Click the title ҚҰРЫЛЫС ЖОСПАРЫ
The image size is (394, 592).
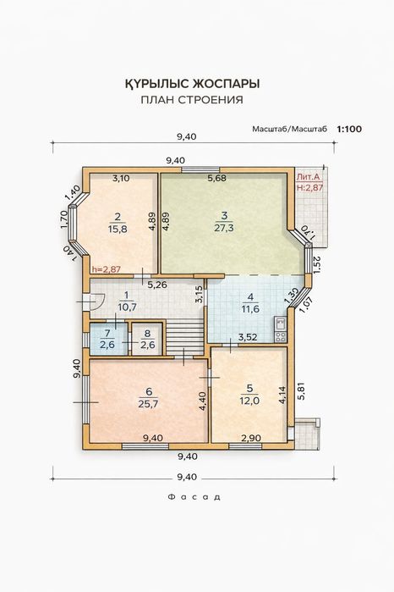click(x=192, y=84)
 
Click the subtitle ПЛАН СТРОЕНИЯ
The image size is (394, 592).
click(x=192, y=100)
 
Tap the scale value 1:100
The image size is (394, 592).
click(x=349, y=129)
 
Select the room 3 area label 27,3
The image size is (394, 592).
click(x=224, y=228)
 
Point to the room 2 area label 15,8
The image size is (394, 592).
click(x=118, y=229)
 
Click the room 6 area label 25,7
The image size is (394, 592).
click(x=149, y=404)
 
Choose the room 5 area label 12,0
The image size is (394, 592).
click(x=249, y=401)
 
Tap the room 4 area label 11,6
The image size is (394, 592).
click(x=251, y=309)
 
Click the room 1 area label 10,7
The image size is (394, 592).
click(x=127, y=307)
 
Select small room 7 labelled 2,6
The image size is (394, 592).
click(x=108, y=339)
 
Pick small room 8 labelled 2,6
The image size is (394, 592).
click(x=146, y=339)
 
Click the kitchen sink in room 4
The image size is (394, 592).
click(x=280, y=323)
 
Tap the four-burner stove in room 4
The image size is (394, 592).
click(x=280, y=336)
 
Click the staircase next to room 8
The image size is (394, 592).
click(x=185, y=338)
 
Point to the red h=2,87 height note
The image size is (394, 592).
click(x=107, y=269)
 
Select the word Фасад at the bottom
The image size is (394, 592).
click(x=194, y=497)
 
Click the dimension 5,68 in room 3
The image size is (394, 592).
click(x=217, y=178)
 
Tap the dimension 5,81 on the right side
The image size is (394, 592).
click(x=301, y=391)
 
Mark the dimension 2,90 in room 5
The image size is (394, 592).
click(x=251, y=438)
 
